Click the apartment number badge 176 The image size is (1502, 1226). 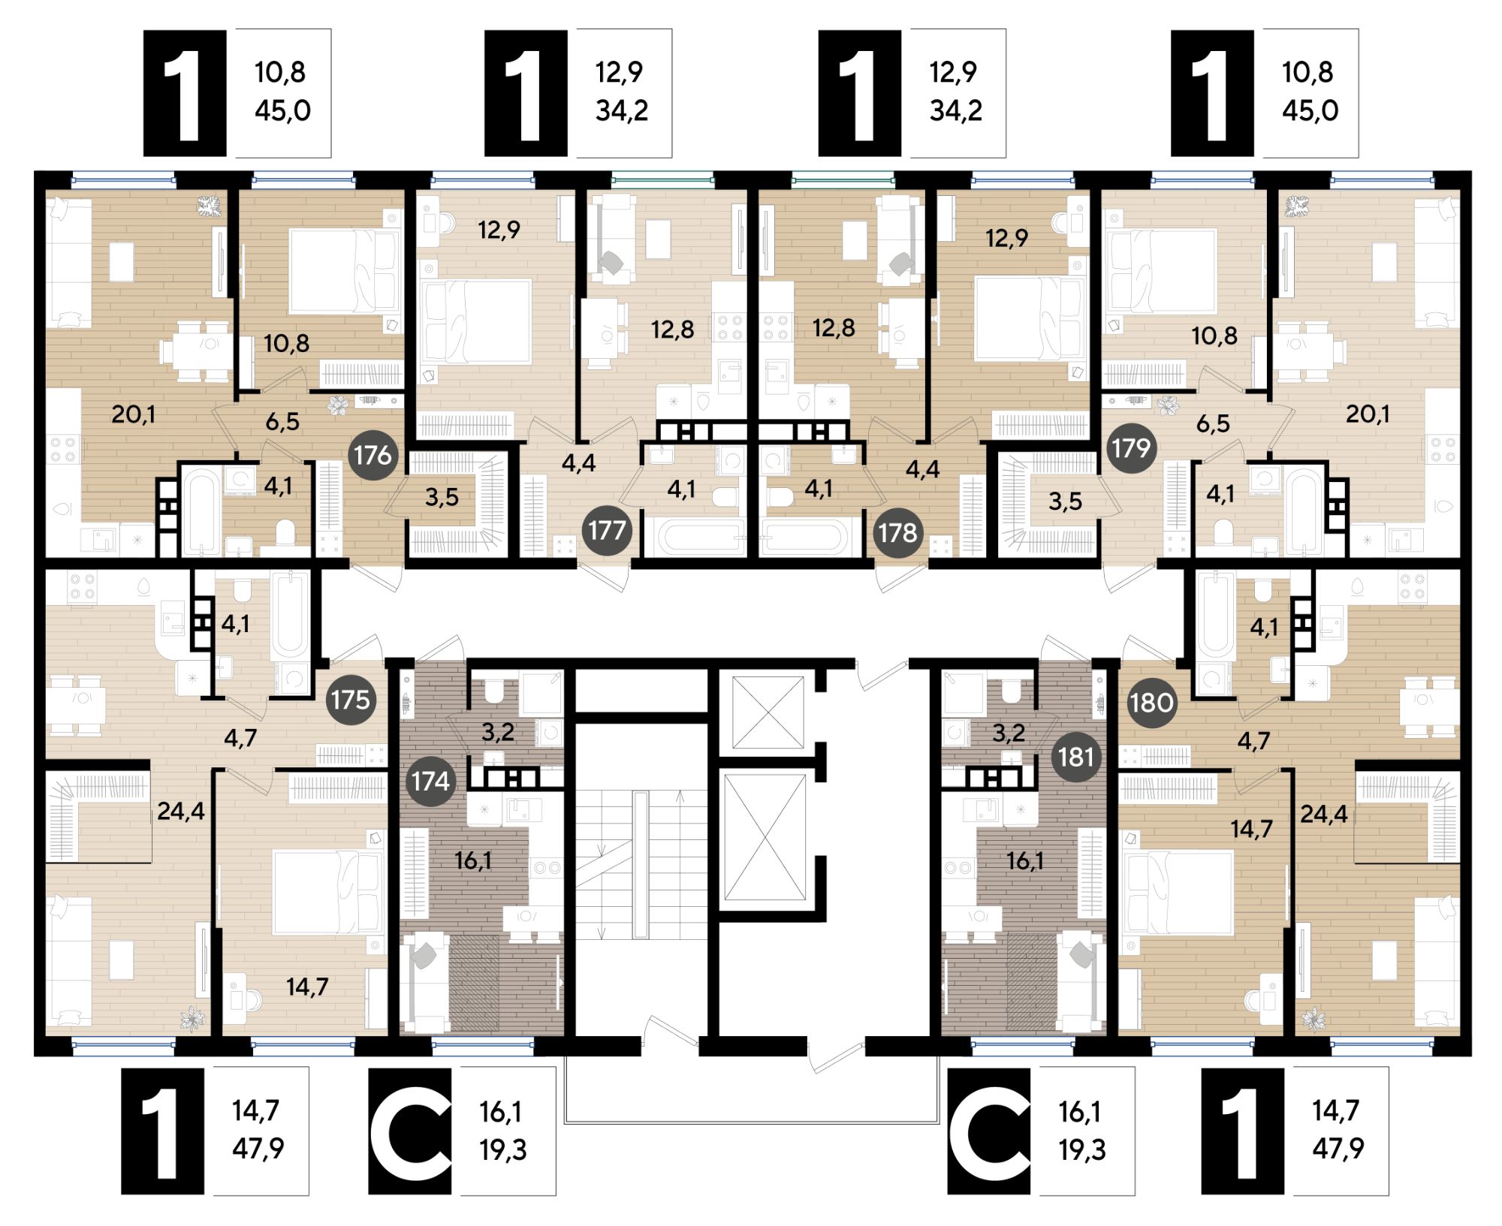[x=373, y=454]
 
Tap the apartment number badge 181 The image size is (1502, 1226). [x=1076, y=756]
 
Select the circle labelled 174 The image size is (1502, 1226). [x=430, y=782]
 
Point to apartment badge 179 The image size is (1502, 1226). [x=1132, y=448]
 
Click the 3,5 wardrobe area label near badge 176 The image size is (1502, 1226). [x=442, y=497]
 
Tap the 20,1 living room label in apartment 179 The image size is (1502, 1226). [x=1368, y=414]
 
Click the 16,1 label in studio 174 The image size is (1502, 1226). [x=472, y=860]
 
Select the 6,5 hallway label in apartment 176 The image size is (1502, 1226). [x=282, y=421]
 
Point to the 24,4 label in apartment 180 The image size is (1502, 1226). [x=1323, y=814]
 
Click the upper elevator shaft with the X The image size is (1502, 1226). [x=768, y=712]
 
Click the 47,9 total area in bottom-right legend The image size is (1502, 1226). [x=1338, y=1148]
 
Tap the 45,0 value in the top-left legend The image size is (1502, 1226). [x=282, y=110]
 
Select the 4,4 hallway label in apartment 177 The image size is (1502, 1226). [x=578, y=462]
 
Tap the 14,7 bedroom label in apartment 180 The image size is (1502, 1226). [x=1251, y=828]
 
